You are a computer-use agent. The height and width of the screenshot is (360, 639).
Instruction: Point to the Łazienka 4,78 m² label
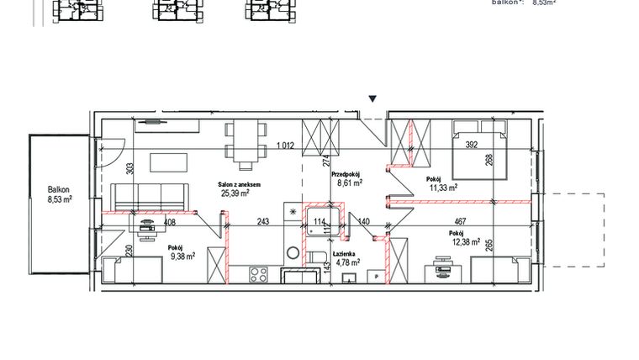[x=347, y=257]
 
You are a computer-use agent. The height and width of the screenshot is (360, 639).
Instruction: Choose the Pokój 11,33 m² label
[x=441, y=184]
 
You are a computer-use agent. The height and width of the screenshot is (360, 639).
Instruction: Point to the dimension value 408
[x=169, y=223]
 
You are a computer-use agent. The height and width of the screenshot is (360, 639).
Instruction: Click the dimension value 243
[x=263, y=222]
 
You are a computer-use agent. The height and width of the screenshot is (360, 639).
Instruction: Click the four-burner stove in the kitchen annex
[x=257, y=273]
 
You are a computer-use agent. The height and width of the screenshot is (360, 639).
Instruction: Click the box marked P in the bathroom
[x=377, y=275]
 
